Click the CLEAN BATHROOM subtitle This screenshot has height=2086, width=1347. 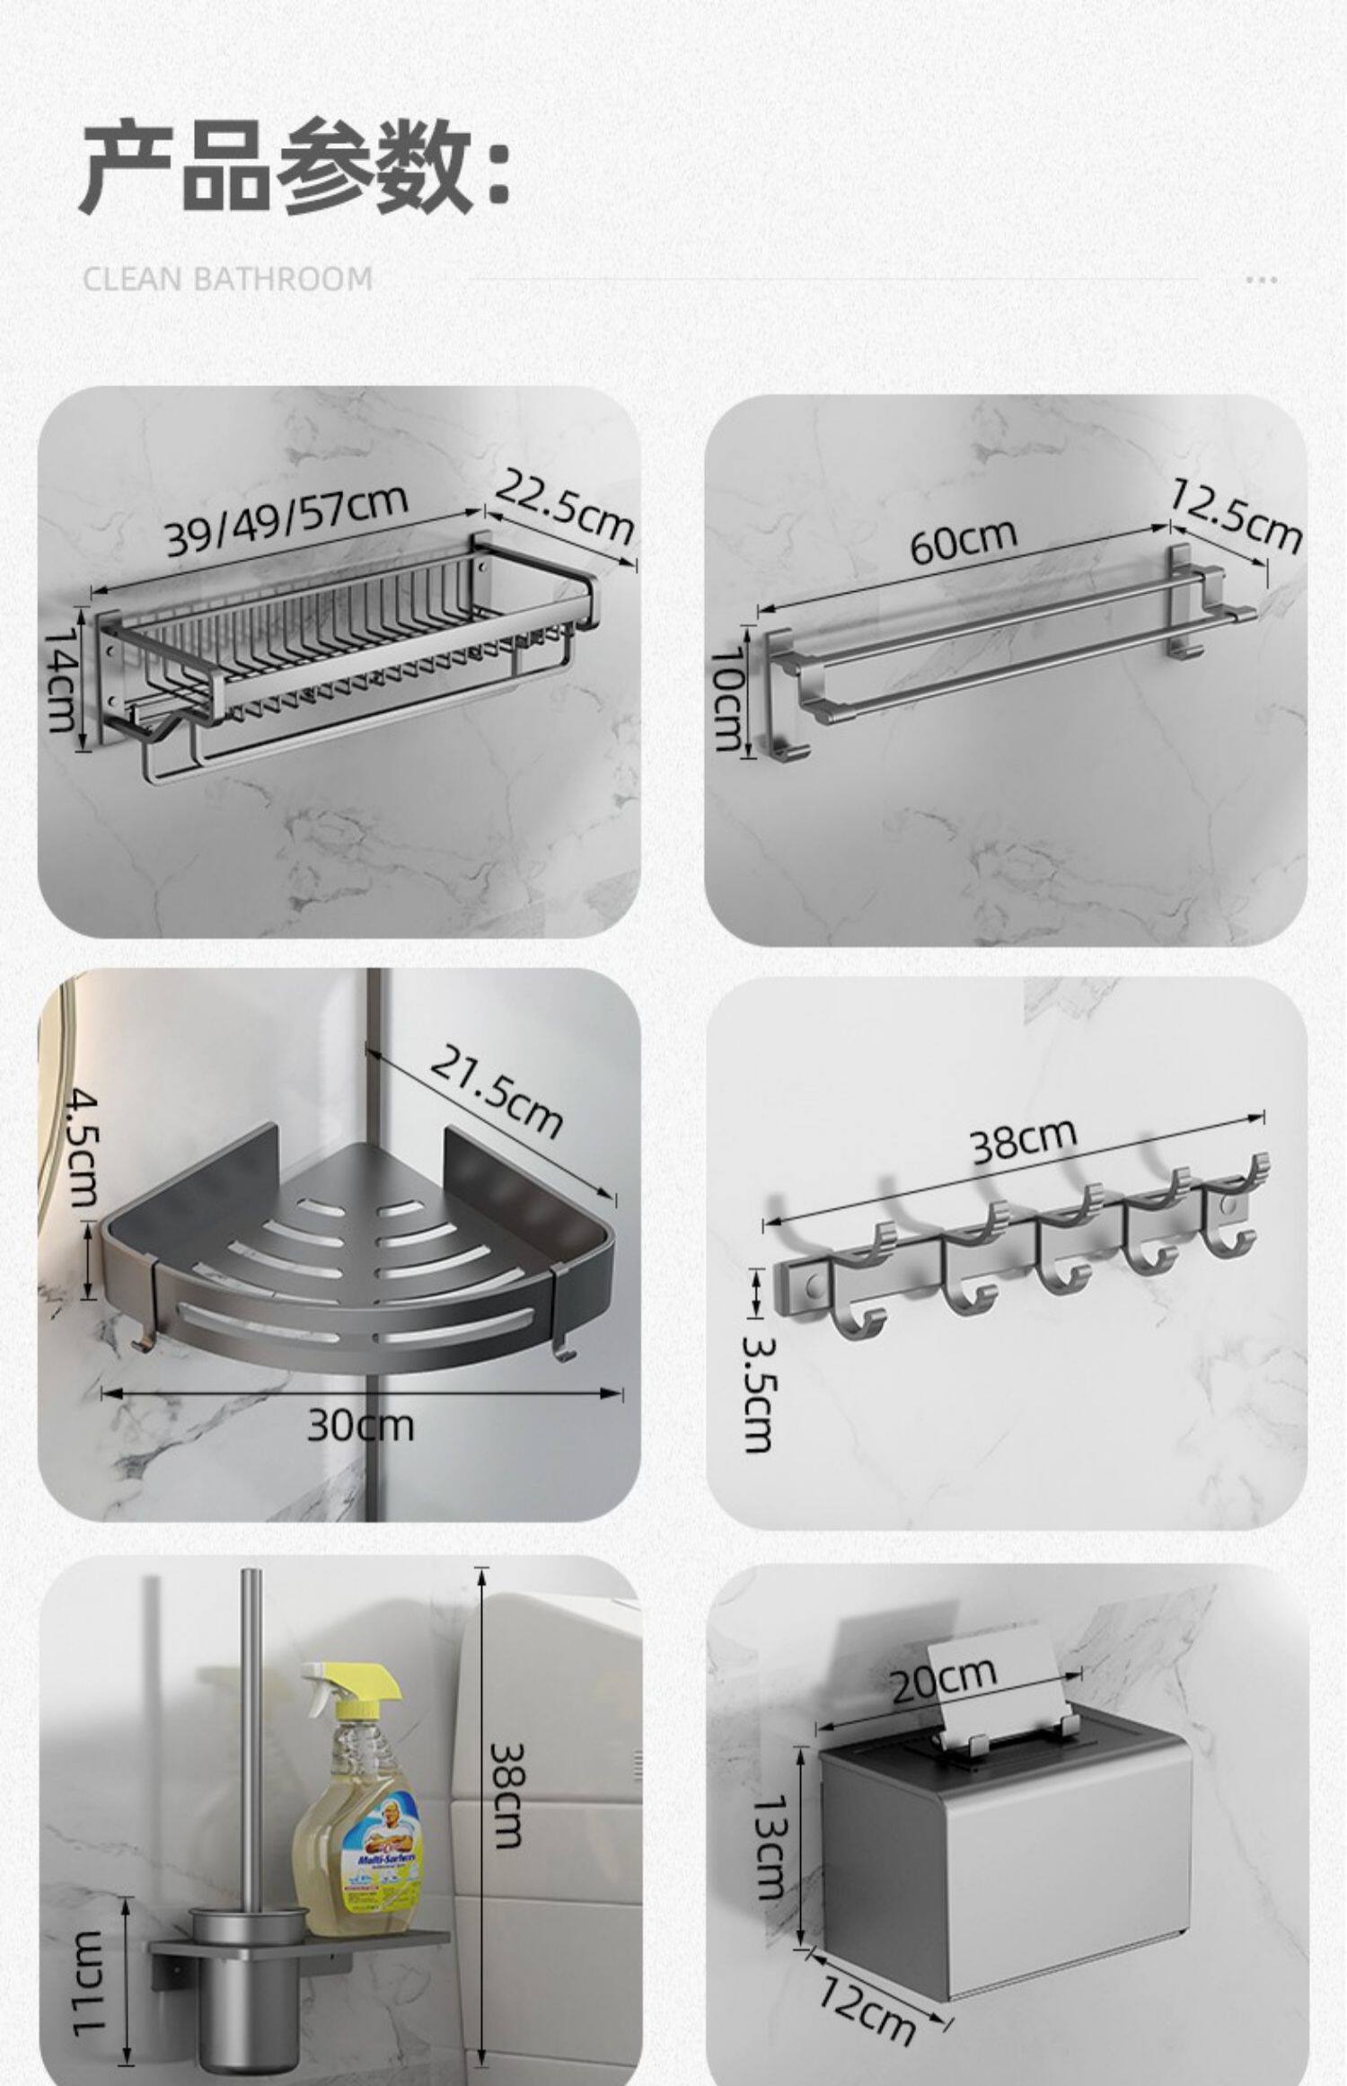(228, 278)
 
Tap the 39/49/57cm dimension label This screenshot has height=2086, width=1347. (286, 520)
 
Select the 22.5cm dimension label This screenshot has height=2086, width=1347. (564, 509)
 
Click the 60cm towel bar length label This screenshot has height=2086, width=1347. (964, 541)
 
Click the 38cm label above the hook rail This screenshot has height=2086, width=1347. (1023, 1140)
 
